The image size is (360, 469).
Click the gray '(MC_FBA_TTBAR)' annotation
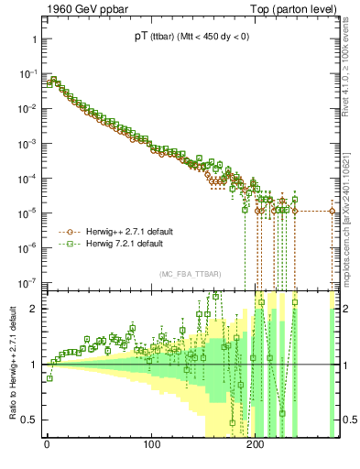[x=189, y=275]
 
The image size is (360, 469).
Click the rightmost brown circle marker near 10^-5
[x=333, y=212]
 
